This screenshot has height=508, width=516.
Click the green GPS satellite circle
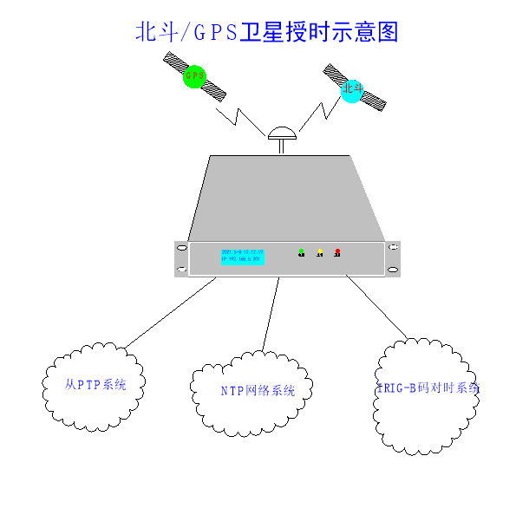point(194,76)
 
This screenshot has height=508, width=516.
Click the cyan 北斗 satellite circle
point(351,89)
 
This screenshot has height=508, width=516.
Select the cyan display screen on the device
point(242,256)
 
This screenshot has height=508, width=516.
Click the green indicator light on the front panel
point(301,252)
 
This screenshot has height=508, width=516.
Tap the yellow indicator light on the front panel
point(320,252)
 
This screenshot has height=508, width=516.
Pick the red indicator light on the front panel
point(337,252)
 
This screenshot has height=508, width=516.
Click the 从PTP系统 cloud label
point(95,384)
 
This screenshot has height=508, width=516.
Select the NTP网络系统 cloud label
point(258,391)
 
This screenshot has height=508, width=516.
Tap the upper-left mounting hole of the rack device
point(182,249)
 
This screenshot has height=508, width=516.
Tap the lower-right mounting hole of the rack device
point(393,270)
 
